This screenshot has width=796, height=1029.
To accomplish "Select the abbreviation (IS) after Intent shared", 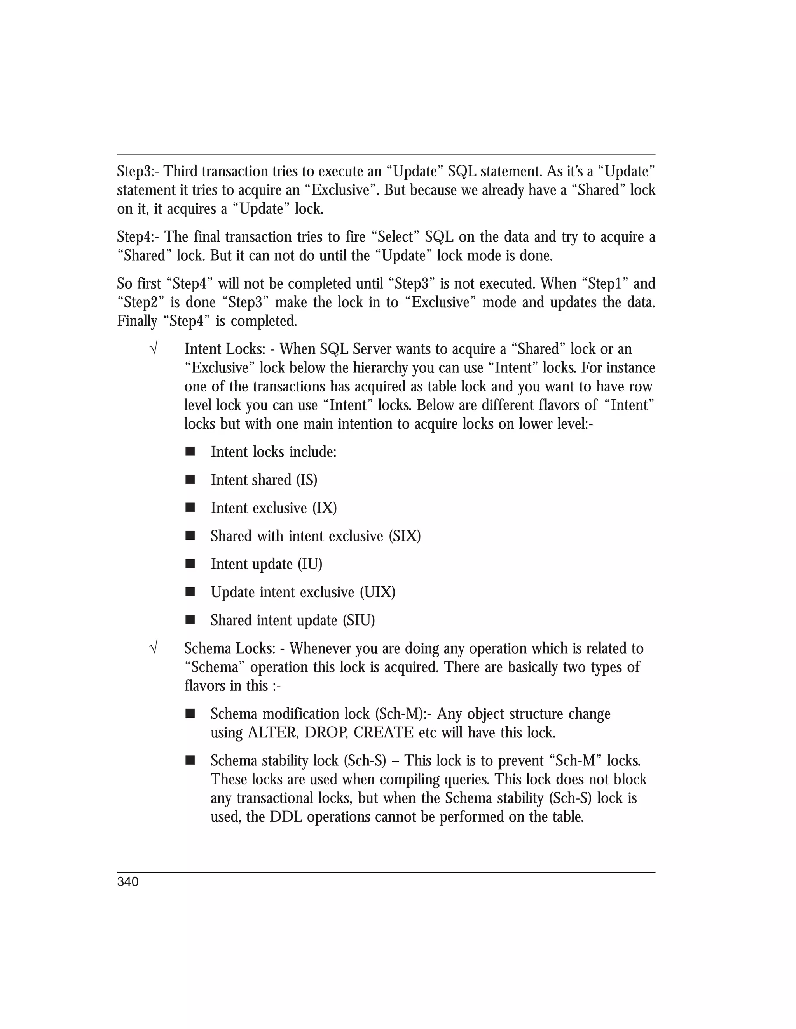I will [307, 480].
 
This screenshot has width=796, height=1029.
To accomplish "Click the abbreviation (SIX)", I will [405, 536].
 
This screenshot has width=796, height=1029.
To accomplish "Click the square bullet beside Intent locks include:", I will [190, 452].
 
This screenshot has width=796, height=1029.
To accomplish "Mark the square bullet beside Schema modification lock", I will [190, 714].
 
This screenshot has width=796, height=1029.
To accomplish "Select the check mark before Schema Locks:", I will [153, 649].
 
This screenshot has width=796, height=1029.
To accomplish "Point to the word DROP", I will [325, 733].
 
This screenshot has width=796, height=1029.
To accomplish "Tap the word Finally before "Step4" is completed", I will [137, 322].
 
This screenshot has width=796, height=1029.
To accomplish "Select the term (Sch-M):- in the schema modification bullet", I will [404, 714].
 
